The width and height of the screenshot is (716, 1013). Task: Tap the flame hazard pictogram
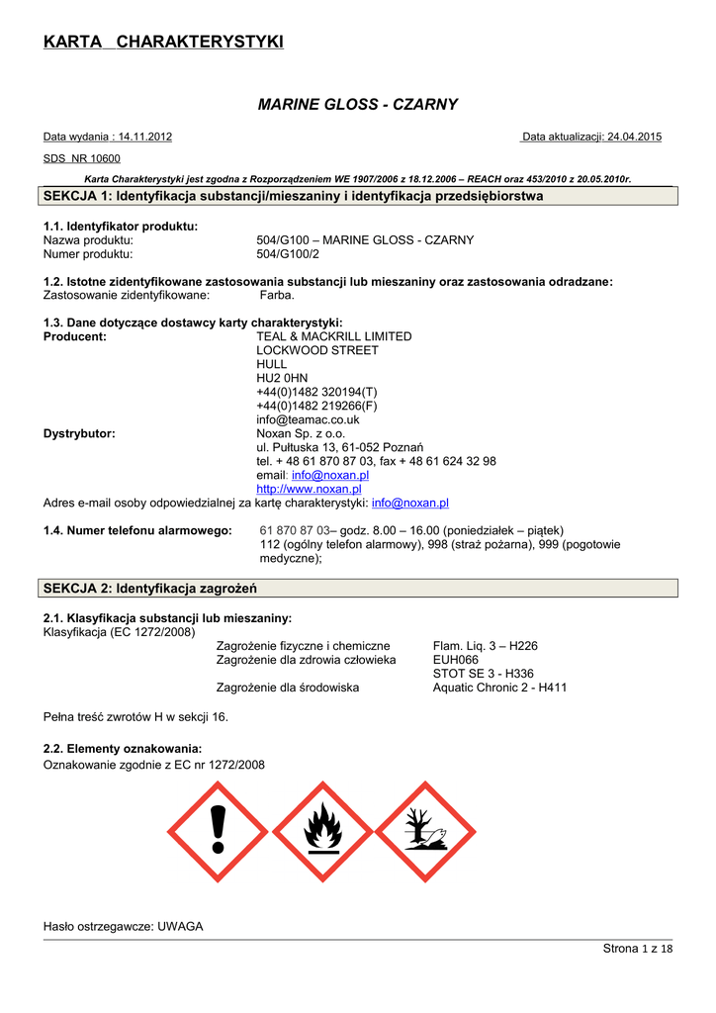point(322,832)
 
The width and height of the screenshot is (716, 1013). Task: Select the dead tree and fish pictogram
point(425,832)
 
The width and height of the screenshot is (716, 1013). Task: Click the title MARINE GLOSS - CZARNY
point(357,104)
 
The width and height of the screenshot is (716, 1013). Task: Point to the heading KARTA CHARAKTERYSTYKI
point(164,42)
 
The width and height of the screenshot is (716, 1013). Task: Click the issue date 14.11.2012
point(144,137)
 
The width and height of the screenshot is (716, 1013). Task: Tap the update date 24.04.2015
point(634,137)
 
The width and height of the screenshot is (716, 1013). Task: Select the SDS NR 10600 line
point(82,158)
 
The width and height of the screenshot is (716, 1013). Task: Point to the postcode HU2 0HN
point(282,378)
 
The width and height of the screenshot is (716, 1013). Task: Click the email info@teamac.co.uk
point(308,419)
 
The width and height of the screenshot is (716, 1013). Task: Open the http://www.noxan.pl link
point(309,489)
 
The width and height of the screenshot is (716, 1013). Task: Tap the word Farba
point(277,295)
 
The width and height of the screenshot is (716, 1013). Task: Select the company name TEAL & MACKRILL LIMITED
point(334,336)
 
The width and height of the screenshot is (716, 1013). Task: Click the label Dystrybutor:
point(80,433)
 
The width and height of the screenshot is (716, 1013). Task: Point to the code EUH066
point(456,660)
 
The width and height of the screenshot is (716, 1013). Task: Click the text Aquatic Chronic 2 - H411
point(500,688)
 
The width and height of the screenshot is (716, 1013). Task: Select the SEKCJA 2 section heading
point(150,589)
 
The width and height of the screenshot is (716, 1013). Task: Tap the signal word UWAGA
point(180,926)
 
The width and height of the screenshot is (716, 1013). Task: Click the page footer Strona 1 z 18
point(637,950)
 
